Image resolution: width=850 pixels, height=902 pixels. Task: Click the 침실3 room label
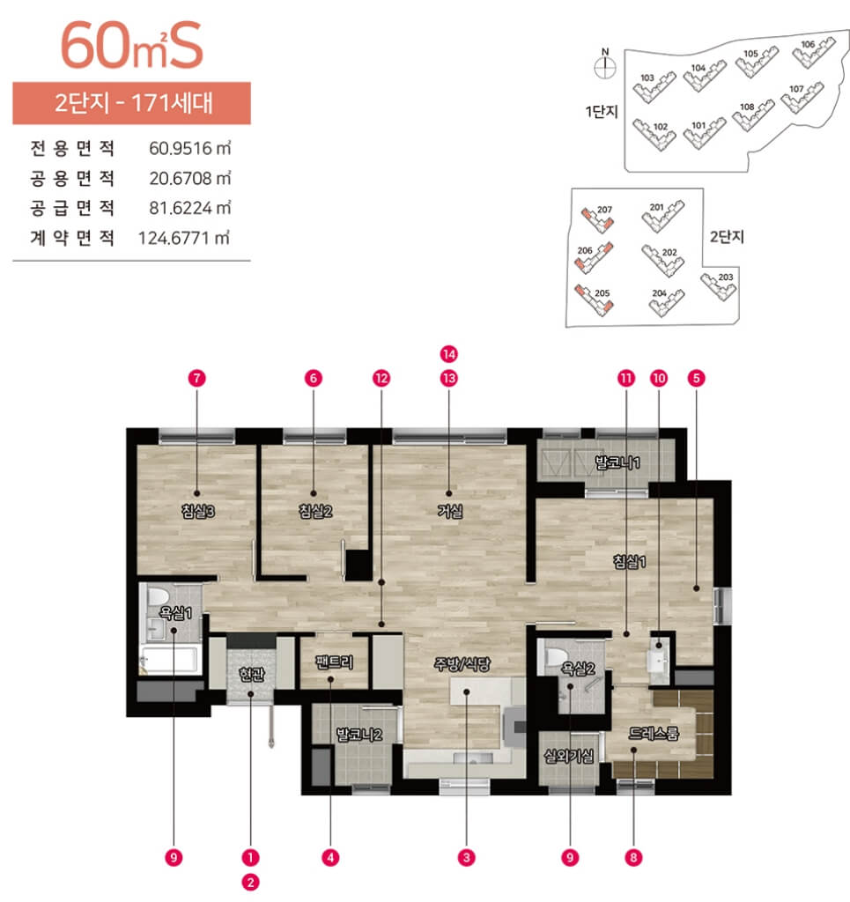coord(197,511)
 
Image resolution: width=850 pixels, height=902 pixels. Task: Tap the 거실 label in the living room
coord(450,511)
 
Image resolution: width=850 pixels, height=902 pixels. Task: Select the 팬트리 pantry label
coord(334,662)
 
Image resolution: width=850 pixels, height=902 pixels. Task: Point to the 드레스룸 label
coord(654,733)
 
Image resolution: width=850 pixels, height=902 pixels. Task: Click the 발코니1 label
coord(617,462)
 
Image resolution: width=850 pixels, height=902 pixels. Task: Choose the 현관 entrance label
coord(251,674)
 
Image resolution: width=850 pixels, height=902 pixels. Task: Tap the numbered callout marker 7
coord(196,378)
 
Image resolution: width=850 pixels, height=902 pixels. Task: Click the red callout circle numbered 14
coord(449,354)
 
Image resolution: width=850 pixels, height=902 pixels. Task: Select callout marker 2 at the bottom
coord(250,882)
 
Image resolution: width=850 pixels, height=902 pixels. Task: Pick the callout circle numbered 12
coord(381,378)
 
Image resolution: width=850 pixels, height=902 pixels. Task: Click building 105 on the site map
coord(757,62)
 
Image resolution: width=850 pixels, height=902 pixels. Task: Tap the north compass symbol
coord(605,67)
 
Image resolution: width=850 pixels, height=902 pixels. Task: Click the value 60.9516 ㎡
coord(189,148)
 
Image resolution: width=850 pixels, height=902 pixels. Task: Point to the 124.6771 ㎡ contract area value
coord(184,238)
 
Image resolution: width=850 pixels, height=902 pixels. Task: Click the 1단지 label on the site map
coord(602,112)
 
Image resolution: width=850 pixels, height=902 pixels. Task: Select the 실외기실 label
coord(569,756)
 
